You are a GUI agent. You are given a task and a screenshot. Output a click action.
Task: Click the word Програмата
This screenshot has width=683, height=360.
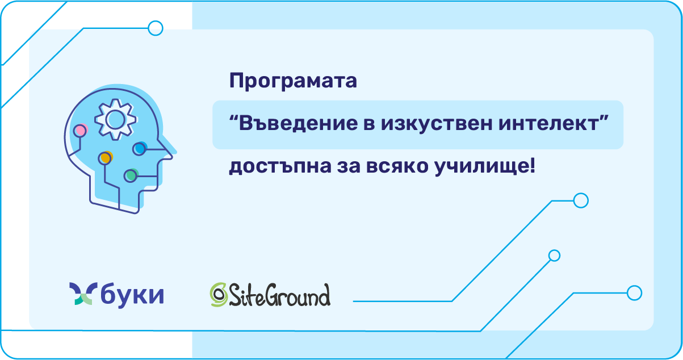point(293,82)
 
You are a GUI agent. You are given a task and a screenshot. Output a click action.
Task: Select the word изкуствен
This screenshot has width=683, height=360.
point(437,123)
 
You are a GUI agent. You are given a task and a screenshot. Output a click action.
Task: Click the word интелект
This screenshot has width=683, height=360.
point(549,123)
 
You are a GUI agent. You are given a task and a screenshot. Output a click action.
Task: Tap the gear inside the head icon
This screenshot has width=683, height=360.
point(115,119)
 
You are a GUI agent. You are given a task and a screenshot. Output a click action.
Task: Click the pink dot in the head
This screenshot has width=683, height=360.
point(81,131)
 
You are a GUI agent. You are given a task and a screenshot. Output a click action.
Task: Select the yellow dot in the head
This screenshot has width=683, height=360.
point(106,158)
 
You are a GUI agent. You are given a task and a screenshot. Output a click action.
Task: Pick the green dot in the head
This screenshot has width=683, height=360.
point(131,175)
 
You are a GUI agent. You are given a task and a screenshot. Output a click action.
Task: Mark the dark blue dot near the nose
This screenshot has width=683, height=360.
point(140,148)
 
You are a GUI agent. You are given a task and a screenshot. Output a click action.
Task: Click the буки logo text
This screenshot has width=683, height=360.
point(132,295)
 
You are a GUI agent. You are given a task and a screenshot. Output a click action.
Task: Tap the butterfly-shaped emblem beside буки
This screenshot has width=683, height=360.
point(83,293)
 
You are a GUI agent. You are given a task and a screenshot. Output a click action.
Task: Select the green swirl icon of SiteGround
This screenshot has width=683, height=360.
point(219,295)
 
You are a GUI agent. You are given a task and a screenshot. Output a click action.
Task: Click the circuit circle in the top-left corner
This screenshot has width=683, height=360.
point(156,28)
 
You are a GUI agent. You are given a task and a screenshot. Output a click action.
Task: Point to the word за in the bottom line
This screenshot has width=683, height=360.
point(349,167)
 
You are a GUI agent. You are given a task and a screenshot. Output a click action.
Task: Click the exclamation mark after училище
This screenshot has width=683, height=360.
point(533,166)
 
